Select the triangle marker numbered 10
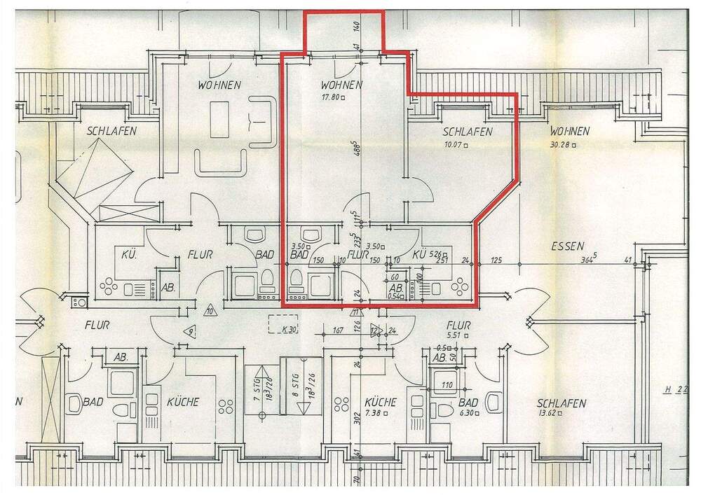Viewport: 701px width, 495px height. (209, 311)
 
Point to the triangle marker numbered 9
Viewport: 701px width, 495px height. (189, 332)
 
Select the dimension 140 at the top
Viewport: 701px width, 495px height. (358, 29)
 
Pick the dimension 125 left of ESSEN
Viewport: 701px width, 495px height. (497, 260)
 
